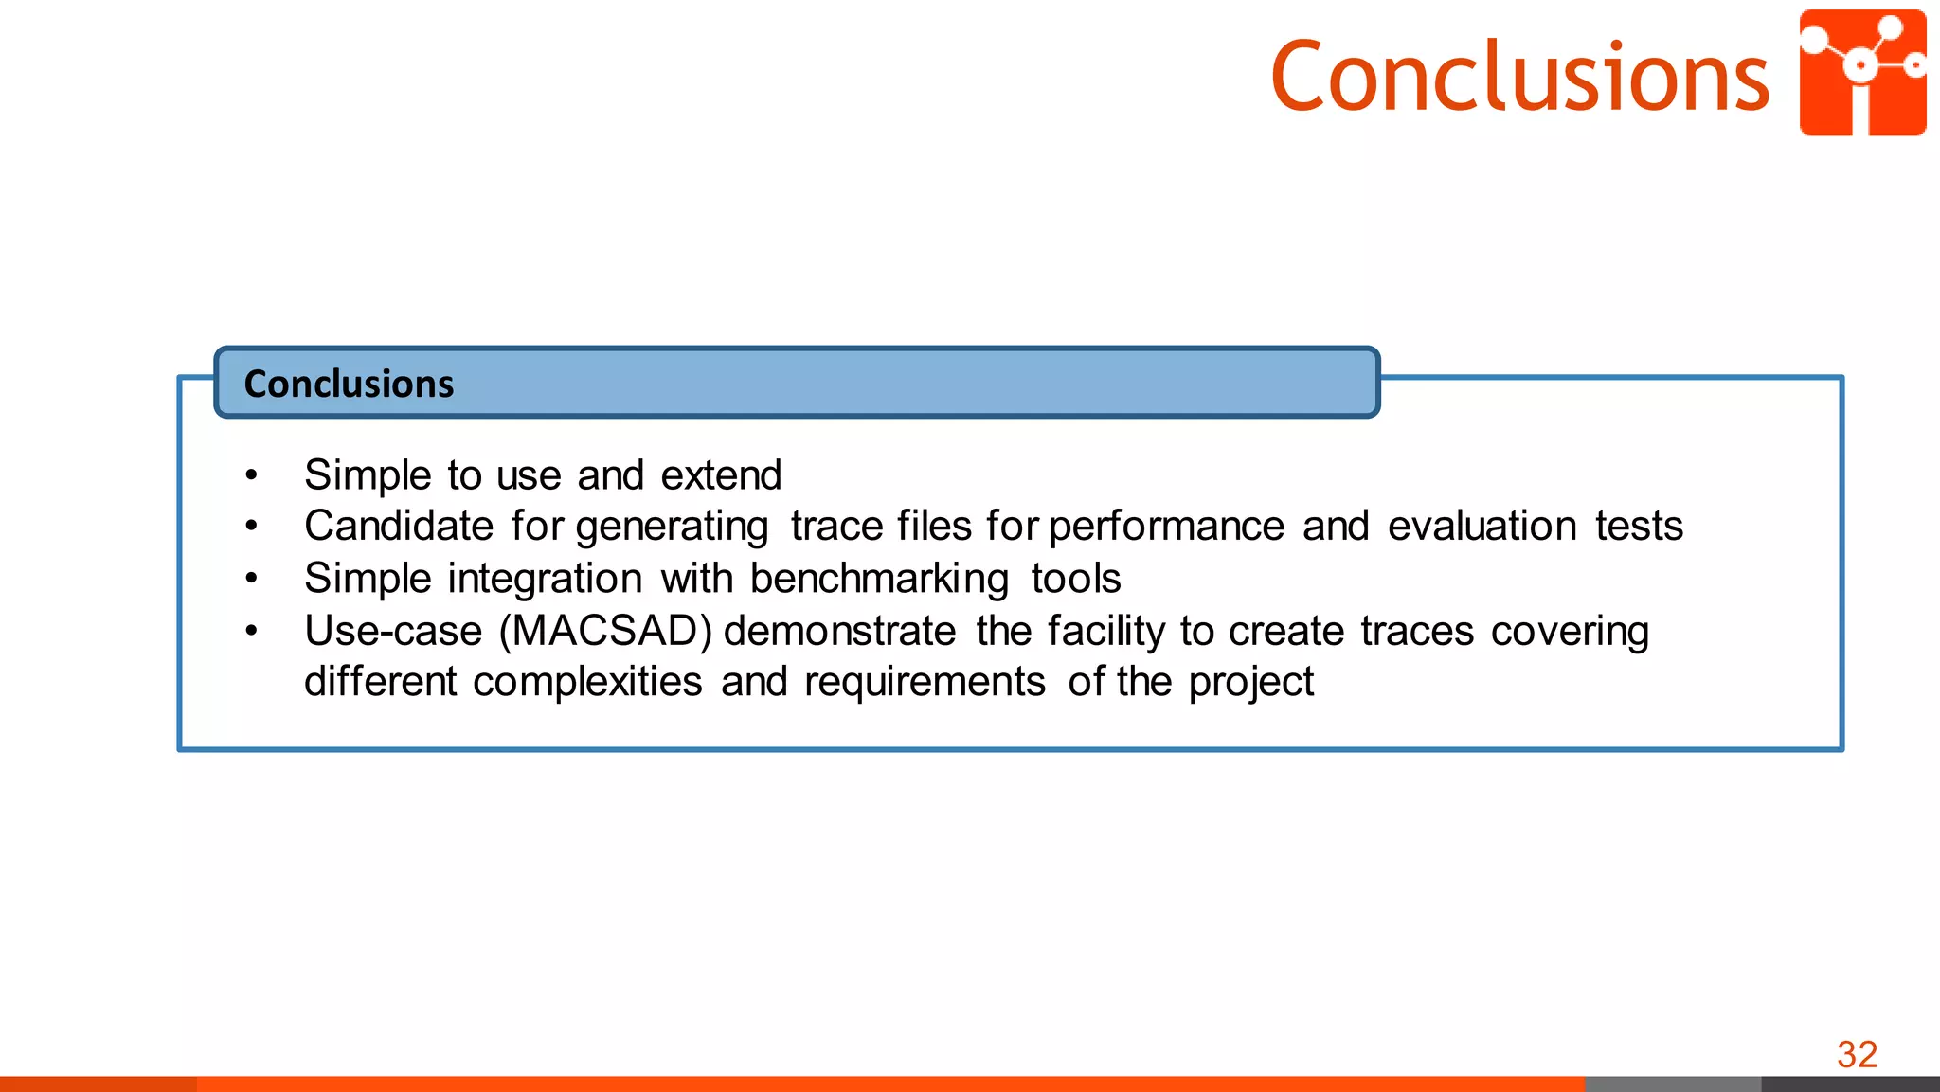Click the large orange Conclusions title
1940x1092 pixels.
(1519, 77)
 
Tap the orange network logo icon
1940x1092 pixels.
(1862, 73)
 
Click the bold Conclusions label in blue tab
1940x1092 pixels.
(349, 384)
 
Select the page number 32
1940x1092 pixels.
(1857, 1054)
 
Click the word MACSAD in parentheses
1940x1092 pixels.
(605, 631)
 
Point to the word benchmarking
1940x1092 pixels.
(879, 579)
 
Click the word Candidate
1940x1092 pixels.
(399, 526)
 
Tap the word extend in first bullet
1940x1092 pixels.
(721, 474)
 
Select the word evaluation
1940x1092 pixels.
(1482, 526)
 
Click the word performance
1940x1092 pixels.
(1166, 527)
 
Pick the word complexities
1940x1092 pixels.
(587, 682)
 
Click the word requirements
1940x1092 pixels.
(925, 682)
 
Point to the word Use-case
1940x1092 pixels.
(393, 631)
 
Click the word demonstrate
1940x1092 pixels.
(839, 631)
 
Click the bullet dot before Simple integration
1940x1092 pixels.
(251, 579)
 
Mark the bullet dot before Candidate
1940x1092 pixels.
(251, 526)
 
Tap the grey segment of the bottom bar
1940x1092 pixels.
(1672, 1083)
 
